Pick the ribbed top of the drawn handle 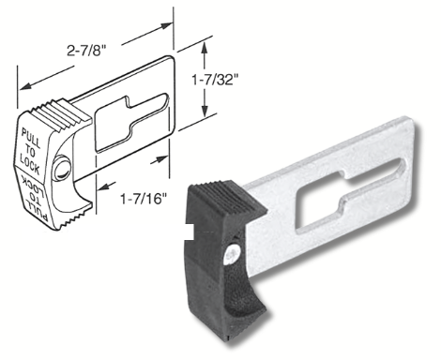(60, 114)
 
